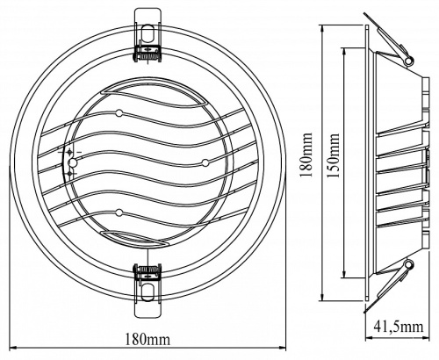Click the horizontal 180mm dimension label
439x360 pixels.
148,339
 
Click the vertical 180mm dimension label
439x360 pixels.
306,155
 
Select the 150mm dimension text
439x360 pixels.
333,155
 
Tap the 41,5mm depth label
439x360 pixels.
399,327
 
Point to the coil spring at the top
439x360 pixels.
148,54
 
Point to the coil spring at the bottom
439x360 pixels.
148,269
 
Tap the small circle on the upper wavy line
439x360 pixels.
119,113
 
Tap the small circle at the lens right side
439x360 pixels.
205,162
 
